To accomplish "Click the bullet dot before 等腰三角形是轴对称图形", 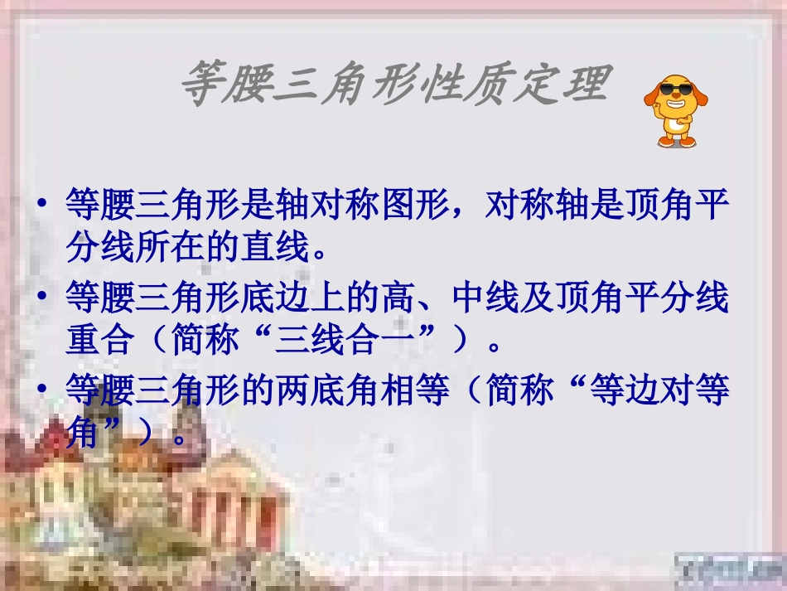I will pos(43,206).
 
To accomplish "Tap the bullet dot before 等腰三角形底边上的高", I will pos(43,298).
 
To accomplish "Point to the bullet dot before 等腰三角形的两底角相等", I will pos(43,391).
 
